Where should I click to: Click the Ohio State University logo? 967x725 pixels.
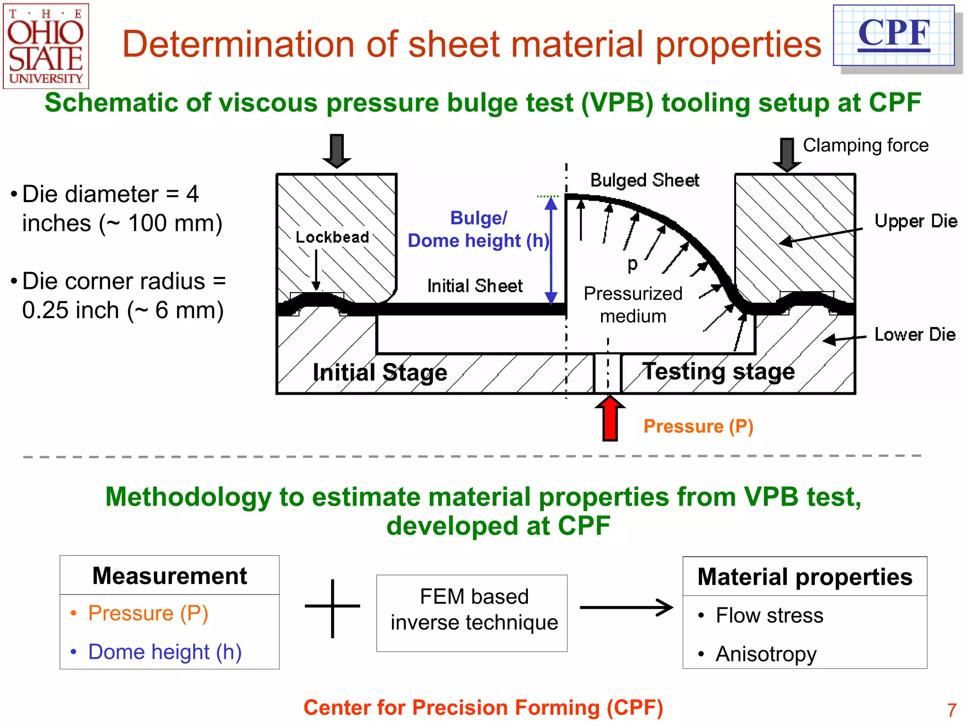pos(46,46)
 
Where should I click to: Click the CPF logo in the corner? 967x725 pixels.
pos(894,35)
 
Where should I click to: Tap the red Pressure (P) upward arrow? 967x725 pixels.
pos(610,419)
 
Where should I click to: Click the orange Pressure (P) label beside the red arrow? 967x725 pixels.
pos(698,426)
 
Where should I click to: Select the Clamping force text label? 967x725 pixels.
pos(865,145)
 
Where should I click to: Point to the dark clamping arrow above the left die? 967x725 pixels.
pos(337,151)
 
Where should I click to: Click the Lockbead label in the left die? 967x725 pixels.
pos(332,237)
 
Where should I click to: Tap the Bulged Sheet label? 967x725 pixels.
pos(645,180)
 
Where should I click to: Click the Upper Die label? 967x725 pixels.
pos(916,221)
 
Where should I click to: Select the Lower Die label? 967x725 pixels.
pos(915,334)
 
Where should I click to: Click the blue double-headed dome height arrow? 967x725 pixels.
pos(551,250)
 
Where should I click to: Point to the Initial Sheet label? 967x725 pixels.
pos(475,286)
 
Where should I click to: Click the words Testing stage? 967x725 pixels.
pos(719,371)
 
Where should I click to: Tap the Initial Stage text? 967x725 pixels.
pos(380,372)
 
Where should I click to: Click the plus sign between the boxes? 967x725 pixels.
pos(332,607)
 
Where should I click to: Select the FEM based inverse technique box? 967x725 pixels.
pos(472,613)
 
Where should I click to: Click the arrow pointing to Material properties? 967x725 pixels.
pos(626,607)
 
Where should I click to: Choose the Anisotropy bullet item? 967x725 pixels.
pos(765,654)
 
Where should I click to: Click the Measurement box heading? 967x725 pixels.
pos(170,576)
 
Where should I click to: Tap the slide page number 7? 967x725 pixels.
pos(951,710)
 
